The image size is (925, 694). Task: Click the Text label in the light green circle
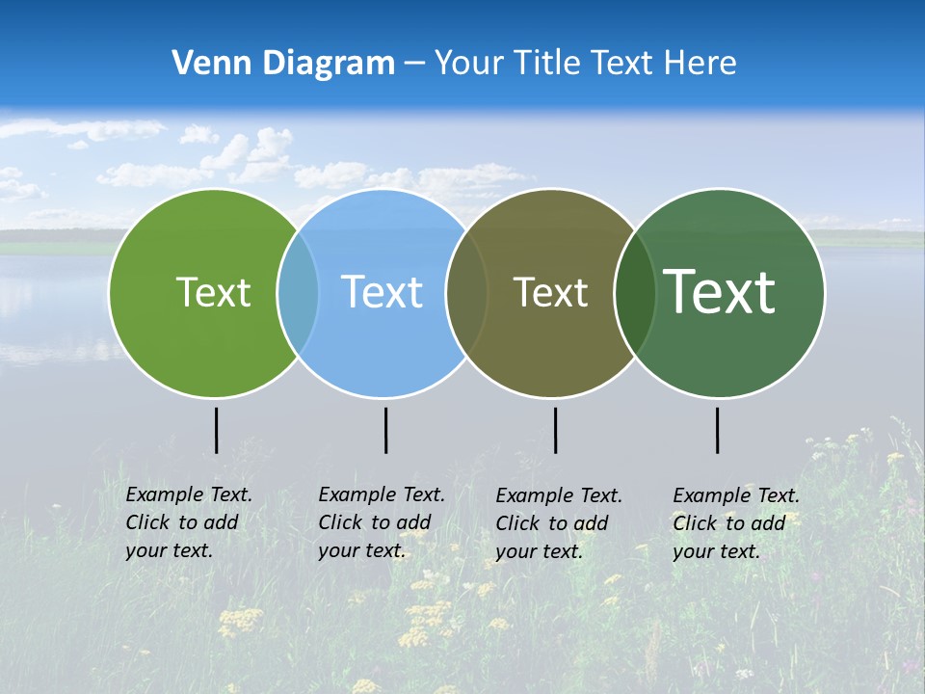tap(213, 292)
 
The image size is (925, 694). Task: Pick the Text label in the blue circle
tap(383, 292)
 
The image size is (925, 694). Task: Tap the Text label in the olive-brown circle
tap(550, 293)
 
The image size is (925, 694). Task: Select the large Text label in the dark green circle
tap(720, 292)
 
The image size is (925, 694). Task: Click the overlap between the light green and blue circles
tap(298, 293)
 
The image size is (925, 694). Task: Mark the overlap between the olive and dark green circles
tap(634, 293)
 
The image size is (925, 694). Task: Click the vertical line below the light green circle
tap(216, 430)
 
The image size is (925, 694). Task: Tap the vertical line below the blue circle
tap(385, 430)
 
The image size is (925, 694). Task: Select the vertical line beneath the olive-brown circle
tap(555, 430)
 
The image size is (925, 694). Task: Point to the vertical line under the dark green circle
tap(717, 430)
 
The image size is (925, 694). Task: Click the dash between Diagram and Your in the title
tap(414, 65)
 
